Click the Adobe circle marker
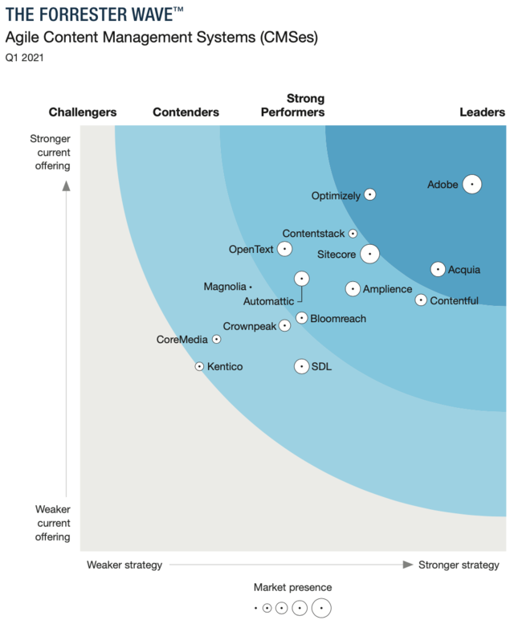[472, 184]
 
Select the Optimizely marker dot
[369, 194]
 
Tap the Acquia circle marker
[438, 269]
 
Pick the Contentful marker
[421, 300]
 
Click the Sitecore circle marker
[369, 254]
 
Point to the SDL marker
[301, 366]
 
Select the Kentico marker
[200, 366]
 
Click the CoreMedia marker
[216, 340]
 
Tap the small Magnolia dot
[251, 287]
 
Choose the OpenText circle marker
[284, 249]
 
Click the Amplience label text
[387, 289]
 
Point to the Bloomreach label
[337, 319]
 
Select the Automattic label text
[268, 301]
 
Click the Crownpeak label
[249, 326]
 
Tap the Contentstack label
[313, 234]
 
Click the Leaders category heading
[482, 112]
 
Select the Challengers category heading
[83, 112]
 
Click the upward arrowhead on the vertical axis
[67, 186]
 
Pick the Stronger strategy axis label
[459, 565]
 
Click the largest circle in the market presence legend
[321, 608]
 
